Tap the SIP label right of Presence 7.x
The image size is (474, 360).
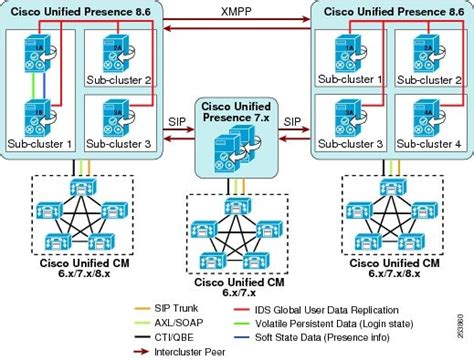[292, 119]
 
